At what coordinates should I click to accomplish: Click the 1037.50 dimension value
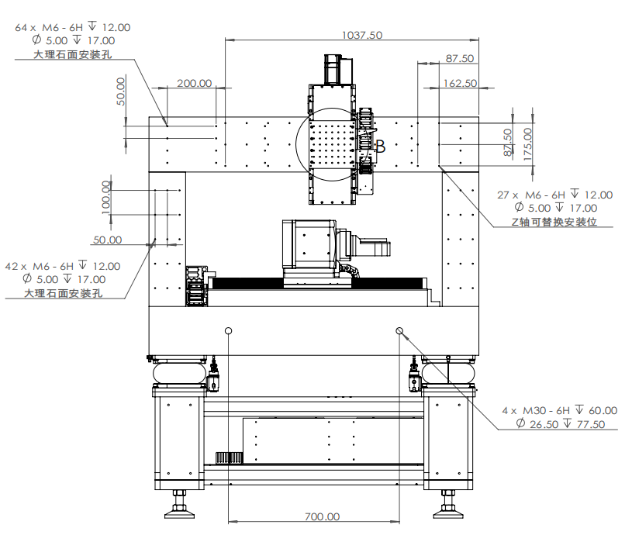(x=362, y=35)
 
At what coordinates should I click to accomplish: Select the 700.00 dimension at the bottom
(x=322, y=516)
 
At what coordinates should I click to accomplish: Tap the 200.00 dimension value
(x=195, y=83)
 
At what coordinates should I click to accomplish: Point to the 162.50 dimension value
(x=460, y=83)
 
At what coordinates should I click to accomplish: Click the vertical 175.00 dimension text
(x=527, y=144)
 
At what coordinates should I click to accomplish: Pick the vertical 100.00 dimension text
(x=105, y=197)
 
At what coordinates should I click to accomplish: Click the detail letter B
(x=381, y=147)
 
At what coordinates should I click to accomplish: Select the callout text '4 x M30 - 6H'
(x=536, y=410)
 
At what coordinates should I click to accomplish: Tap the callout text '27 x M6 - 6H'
(x=531, y=195)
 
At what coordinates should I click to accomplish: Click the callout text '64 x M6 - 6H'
(x=49, y=27)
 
